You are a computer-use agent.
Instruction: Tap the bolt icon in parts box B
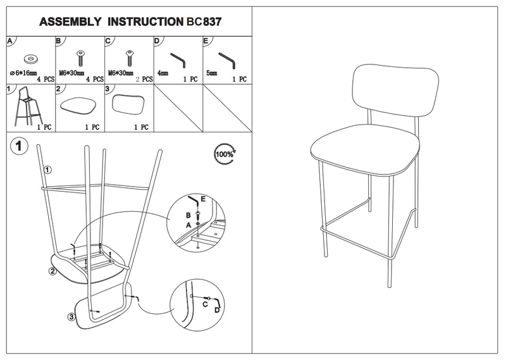point(80,58)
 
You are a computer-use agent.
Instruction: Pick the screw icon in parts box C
point(130,58)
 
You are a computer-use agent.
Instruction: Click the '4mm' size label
point(163,73)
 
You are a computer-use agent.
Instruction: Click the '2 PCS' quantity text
point(144,80)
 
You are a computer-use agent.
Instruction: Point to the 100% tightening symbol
point(224,154)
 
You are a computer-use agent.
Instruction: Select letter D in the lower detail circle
point(216,310)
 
